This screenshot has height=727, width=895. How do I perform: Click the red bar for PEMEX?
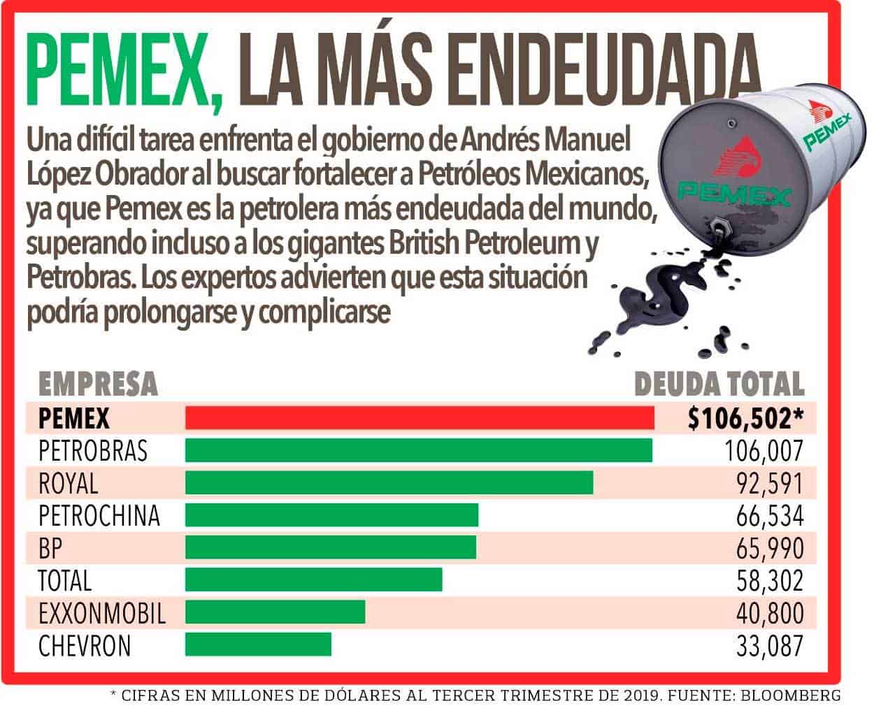420,418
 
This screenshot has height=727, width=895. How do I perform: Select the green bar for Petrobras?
418,450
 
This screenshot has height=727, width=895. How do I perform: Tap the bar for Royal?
389,482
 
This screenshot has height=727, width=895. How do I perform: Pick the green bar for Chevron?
258,645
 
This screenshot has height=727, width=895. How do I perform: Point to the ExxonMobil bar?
275,612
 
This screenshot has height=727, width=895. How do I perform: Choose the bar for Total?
313,580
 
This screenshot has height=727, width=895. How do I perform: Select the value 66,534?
769,515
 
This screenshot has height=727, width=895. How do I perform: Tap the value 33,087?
769,645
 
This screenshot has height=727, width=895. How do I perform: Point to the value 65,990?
769,547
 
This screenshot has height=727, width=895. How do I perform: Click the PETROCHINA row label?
99,515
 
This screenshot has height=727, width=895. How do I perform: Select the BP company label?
50,547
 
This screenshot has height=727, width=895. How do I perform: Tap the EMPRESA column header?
98,384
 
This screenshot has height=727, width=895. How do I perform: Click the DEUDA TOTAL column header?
719,384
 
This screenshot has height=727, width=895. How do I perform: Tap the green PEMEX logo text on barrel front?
734,192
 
